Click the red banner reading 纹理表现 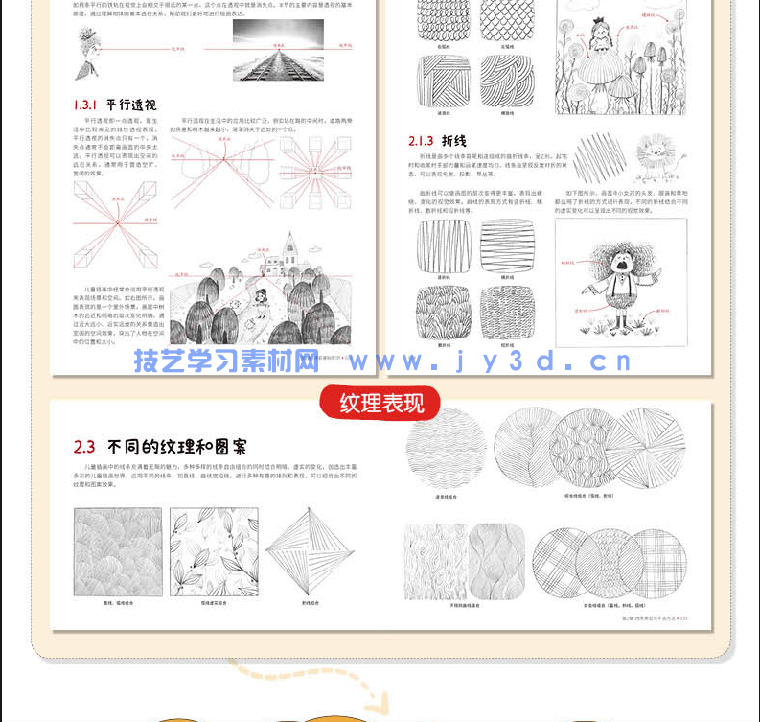tap(380, 403)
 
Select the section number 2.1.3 tap(421, 140)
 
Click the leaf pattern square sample tap(214, 551)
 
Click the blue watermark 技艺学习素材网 tap(226, 361)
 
